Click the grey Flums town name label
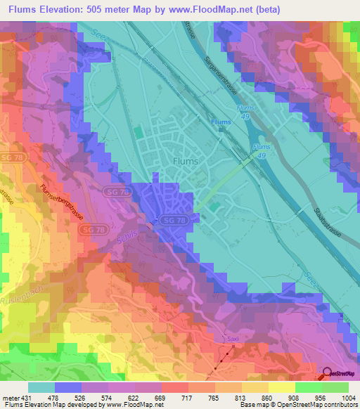point(186,160)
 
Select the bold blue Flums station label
point(221,122)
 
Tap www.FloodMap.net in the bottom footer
point(128,405)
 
